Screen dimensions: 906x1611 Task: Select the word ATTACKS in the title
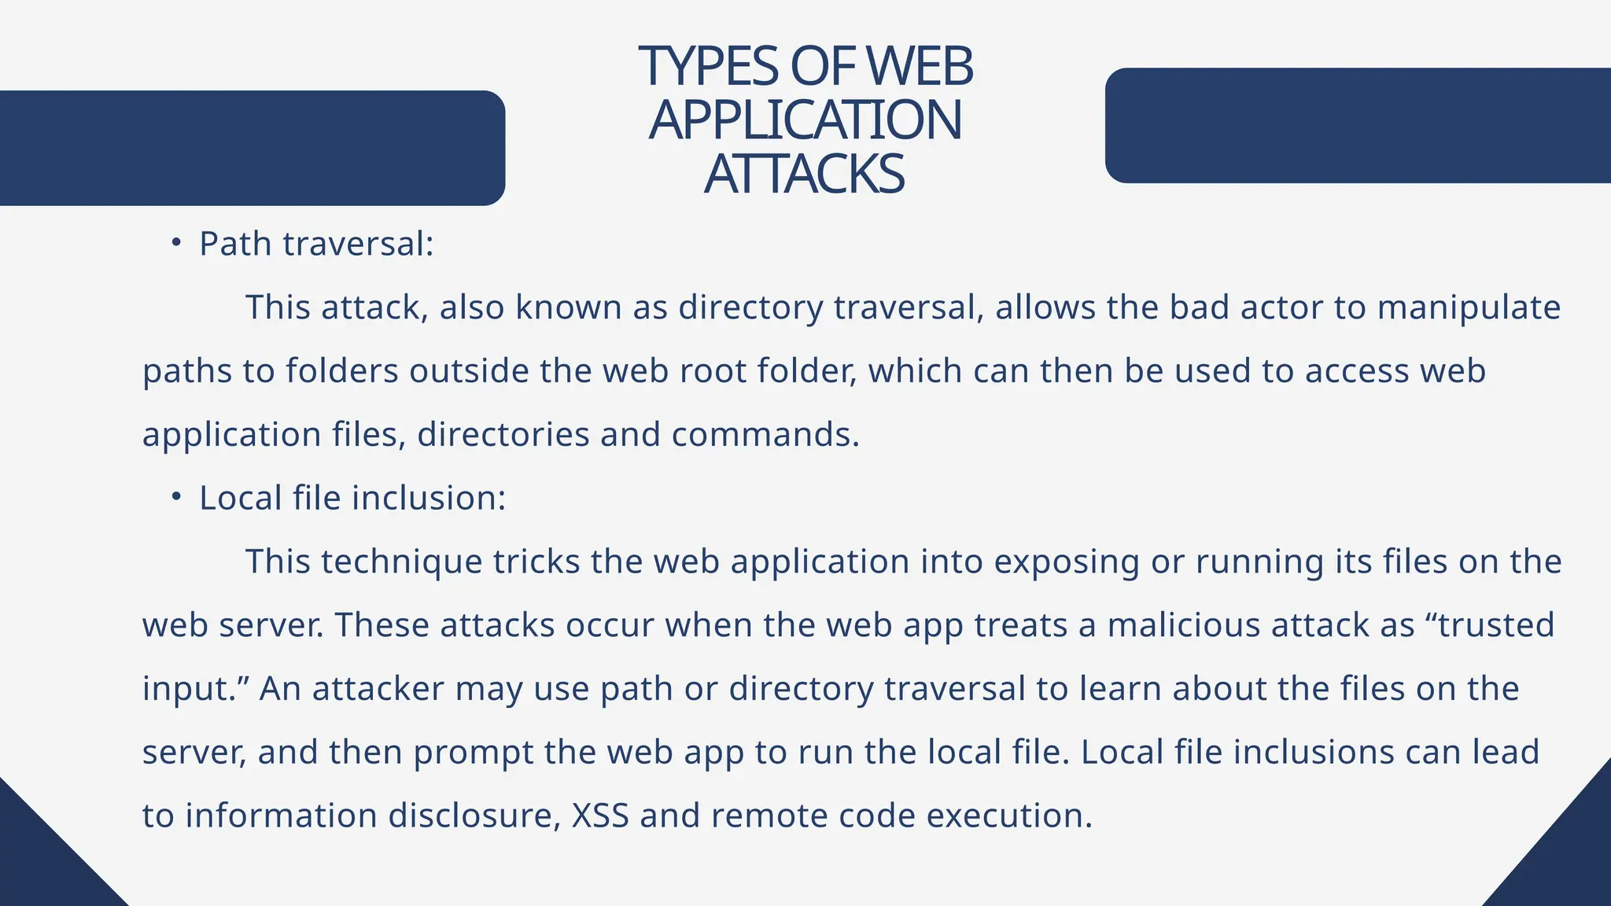805,174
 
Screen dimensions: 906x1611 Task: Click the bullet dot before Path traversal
176,242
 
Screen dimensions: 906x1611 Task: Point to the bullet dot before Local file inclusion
176,496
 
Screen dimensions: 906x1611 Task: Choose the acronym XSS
600,816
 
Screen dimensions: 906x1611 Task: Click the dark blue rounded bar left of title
252,148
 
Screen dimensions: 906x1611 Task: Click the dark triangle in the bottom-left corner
39,865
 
